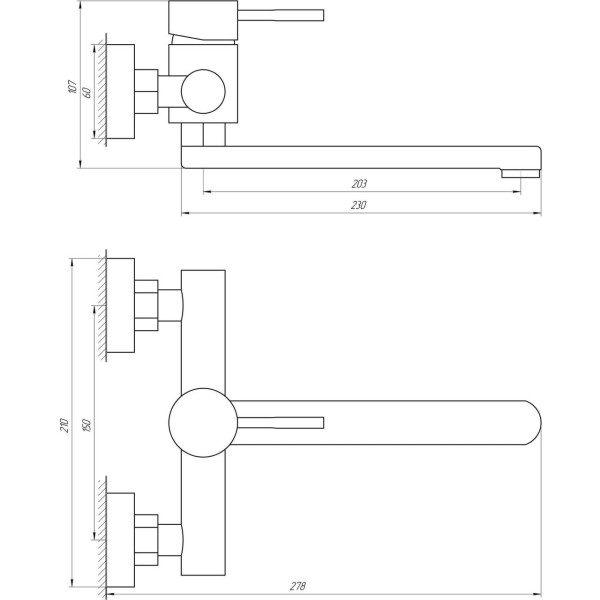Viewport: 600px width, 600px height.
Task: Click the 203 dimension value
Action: tap(360, 183)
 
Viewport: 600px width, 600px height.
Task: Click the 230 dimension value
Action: tap(360, 205)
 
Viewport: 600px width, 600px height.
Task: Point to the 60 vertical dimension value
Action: tap(87, 92)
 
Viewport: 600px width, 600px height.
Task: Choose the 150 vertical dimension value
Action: tap(87, 422)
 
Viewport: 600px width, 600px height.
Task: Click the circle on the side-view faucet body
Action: tap(204, 91)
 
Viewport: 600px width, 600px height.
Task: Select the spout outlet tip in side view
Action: tap(519, 173)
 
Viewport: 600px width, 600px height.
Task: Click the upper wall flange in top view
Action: tap(120, 306)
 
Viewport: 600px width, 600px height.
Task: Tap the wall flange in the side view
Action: tap(120, 93)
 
